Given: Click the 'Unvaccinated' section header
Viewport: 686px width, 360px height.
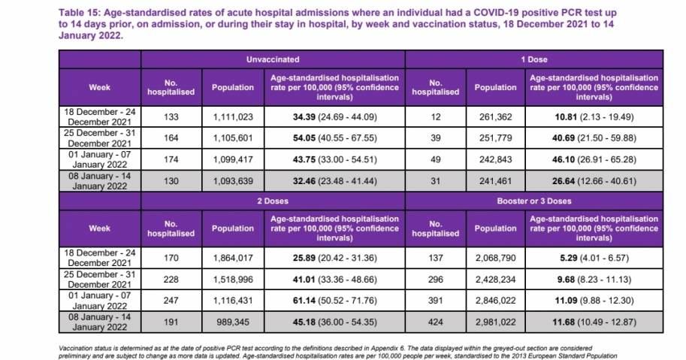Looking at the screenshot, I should [x=273, y=59].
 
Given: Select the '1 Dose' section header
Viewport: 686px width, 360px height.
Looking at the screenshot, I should [x=534, y=59].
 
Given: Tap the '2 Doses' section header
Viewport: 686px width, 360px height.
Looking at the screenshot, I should [x=273, y=201].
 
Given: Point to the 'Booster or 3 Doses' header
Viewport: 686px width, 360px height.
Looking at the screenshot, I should [x=534, y=201].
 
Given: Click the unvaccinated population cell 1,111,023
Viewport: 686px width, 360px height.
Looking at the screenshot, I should [x=233, y=116].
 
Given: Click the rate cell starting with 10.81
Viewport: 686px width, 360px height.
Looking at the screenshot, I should [x=595, y=116].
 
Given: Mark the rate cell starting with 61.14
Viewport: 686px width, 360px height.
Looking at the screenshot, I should [x=334, y=301].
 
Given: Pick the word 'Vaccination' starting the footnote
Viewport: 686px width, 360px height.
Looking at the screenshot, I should [x=75, y=348].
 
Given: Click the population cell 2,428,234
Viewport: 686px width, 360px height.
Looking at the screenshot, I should [x=495, y=280].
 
